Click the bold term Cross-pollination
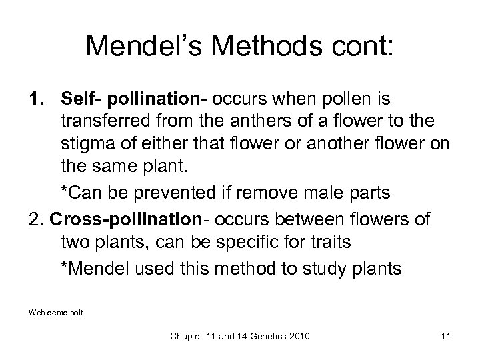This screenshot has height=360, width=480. [x=127, y=220]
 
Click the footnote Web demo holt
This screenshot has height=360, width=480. [x=56, y=311]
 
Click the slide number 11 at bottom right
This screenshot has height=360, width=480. [x=446, y=336]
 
